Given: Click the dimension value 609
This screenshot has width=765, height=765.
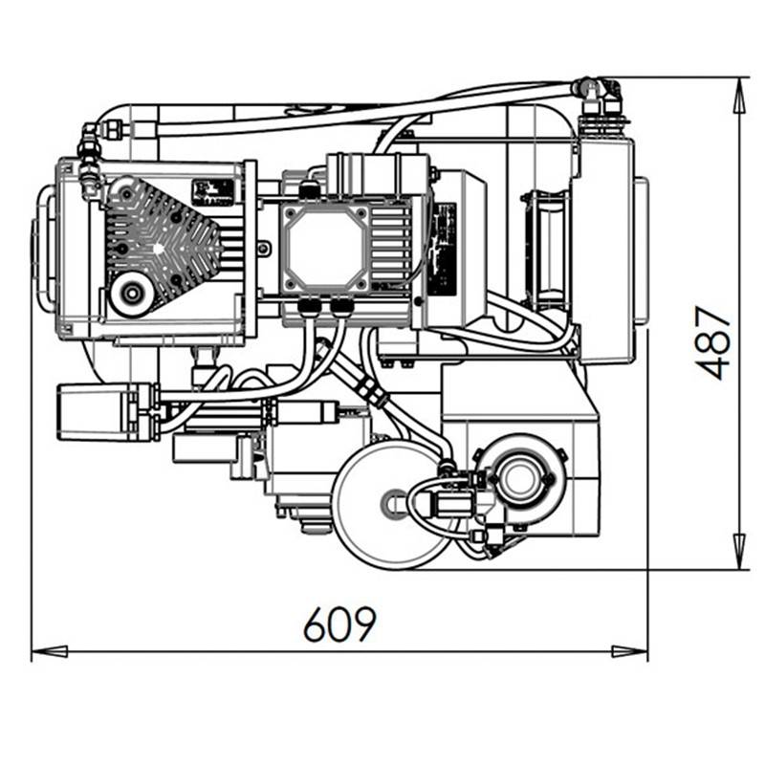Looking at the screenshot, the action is (x=340, y=623).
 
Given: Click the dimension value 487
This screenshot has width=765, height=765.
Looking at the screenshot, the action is (x=712, y=342).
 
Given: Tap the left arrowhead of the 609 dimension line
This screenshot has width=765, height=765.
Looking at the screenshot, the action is (x=50, y=651).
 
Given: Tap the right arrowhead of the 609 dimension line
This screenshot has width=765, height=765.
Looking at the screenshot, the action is (x=630, y=651).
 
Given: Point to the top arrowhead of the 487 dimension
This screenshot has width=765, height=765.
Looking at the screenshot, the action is (x=740, y=97).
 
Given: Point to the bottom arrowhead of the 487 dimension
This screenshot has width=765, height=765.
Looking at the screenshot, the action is (x=740, y=551).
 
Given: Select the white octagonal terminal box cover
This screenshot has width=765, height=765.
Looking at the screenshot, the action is (x=326, y=248).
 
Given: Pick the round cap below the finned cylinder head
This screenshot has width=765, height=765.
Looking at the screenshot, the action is (x=130, y=294).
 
